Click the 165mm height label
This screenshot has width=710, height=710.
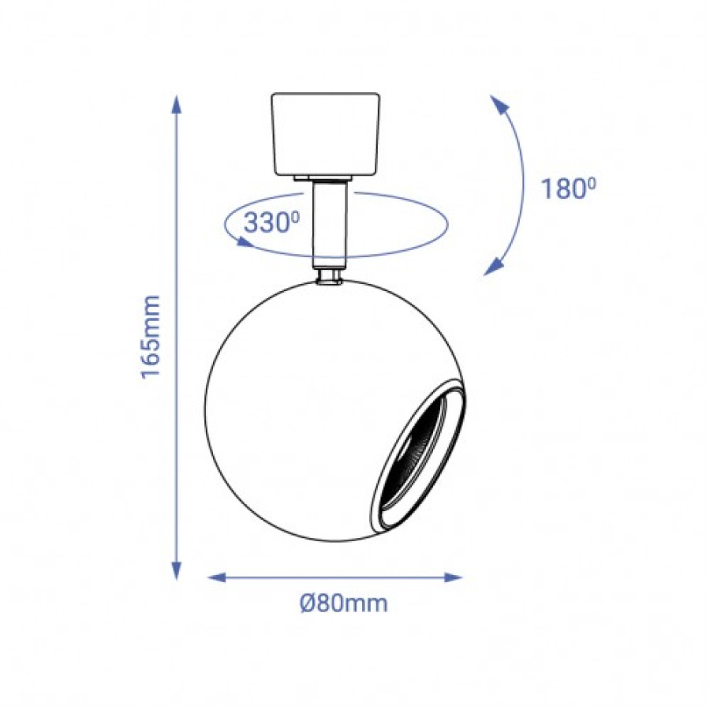(151, 336)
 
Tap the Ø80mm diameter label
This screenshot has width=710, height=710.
(344, 603)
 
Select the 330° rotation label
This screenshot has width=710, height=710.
(272, 222)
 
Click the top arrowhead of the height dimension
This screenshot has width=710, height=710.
(176, 103)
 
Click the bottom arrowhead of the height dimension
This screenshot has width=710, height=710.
(176, 570)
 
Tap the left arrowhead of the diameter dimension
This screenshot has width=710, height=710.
(217, 577)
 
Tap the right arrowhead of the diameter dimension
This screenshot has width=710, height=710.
(453, 577)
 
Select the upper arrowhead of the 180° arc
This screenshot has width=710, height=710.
(499, 105)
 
